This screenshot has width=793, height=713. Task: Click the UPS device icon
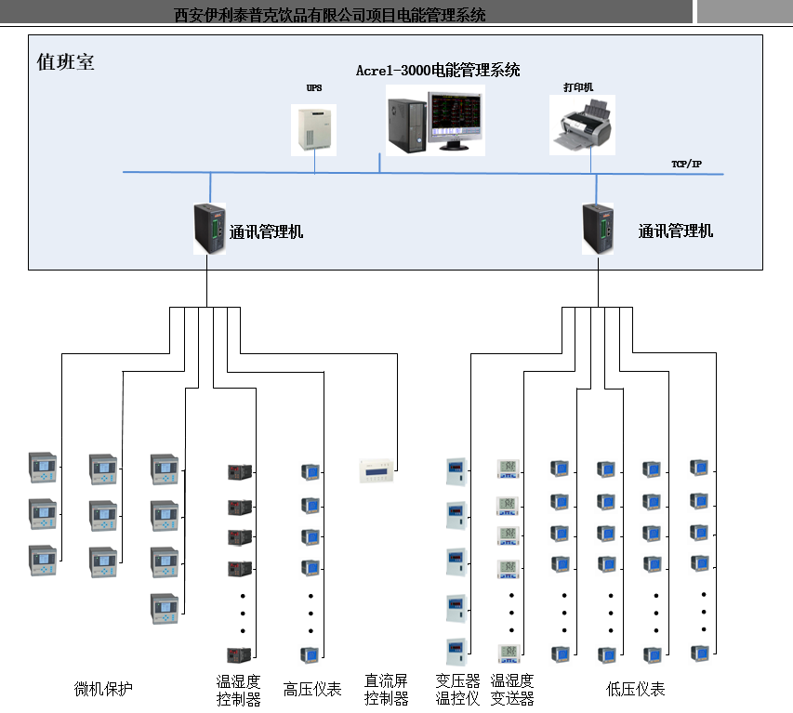pos(313,128)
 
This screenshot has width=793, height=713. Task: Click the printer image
pos(583,125)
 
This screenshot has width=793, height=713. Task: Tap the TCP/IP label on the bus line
pos(686,165)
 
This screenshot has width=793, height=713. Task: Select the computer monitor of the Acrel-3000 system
pos(456,121)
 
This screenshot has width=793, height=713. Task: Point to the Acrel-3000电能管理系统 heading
pos(438,71)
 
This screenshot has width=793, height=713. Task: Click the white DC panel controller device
pos(381,470)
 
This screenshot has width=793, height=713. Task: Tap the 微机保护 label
pos(103,689)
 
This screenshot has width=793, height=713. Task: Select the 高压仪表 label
pos(312,689)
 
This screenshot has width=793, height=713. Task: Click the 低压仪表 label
pos(635,689)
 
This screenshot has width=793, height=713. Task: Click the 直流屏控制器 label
pos(387,690)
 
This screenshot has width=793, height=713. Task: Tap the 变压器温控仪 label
pos(457,690)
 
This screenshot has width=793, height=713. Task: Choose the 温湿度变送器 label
pos(512,690)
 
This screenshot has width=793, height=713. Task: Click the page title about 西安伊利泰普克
pos(330,15)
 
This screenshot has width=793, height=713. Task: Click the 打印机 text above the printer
pos(577,87)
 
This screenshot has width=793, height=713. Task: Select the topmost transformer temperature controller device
pos(456,470)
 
